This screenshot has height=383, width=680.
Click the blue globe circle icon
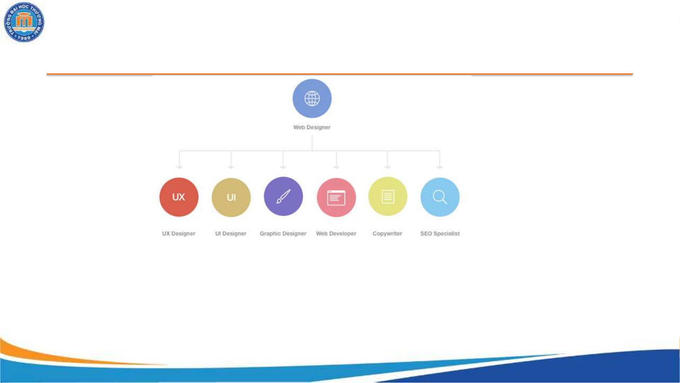coord(312,98)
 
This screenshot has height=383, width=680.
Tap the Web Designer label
coord(312,127)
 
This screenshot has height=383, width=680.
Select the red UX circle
coord(179,197)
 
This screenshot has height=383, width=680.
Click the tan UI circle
coord(231,197)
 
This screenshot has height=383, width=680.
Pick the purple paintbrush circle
coord(283,196)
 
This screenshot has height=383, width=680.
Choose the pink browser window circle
coord(336,197)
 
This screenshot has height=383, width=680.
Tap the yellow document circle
coord(388,196)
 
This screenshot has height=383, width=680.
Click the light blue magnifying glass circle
coord(440,197)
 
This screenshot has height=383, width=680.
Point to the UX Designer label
coord(179,233)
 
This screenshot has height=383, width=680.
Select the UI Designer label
coord(231,233)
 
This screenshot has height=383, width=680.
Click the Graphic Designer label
coord(283,233)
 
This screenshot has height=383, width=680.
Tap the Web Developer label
coord(336,233)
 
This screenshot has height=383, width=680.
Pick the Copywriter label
coord(387,233)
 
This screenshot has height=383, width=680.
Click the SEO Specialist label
coord(440,233)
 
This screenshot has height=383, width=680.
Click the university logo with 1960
coord(24,22)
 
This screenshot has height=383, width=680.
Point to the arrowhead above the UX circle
coord(179,167)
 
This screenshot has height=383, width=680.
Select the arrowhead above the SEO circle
coord(440,167)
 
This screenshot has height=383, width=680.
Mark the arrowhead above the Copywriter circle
coord(387,167)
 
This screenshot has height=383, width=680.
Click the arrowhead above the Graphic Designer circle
coord(283,167)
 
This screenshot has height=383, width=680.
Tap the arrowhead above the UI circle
coord(231,167)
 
